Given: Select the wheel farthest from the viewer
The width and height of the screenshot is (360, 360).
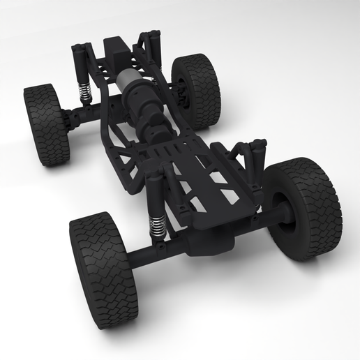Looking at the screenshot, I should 197,91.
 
